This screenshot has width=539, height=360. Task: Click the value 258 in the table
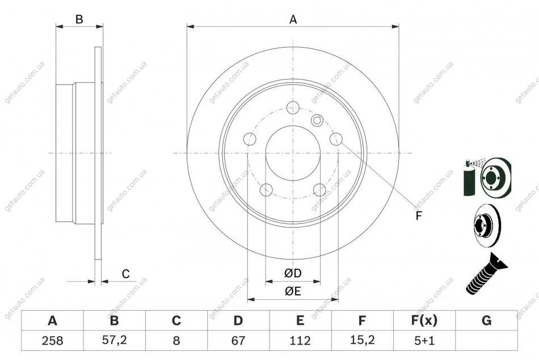pyautogui.click(x=52, y=341)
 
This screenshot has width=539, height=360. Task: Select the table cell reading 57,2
pyautogui.click(x=114, y=341)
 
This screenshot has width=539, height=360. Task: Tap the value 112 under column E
pyautogui.click(x=300, y=341)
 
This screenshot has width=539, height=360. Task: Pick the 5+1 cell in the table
pyautogui.click(x=424, y=341)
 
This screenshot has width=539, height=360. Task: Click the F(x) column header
pyautogui.click(x=424, y=320)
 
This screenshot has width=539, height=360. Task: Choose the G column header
pyautogui.click(x=486, y=320)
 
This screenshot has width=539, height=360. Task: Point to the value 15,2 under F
pyautogui.click(x=362, y=341)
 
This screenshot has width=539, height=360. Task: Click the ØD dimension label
pyautogui.click(x=293, y=273)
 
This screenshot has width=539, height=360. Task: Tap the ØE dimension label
pyautogui.click(x=293, y=291)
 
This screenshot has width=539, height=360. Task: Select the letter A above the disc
pyautogui.click(x=293, y=20)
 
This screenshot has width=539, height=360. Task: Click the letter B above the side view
pyautogui.click(x=79, y=20)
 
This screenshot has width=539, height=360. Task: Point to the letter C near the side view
pyautogui.click(x=126, y=274)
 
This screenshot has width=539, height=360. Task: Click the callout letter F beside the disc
pyautogui.click(x=418, y=216)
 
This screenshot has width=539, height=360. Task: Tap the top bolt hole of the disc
pyautogui.click(x=293, y=108)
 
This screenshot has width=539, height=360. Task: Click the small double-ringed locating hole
pyautogui.click(x=317, y=120)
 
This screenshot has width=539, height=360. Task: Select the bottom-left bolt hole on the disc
pyautogui.click(x=266, y=190)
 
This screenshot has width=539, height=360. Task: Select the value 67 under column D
pyautogui.click(x=238, y=341)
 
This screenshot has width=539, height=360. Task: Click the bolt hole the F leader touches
pyautogui.click(x=336, y=139)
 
